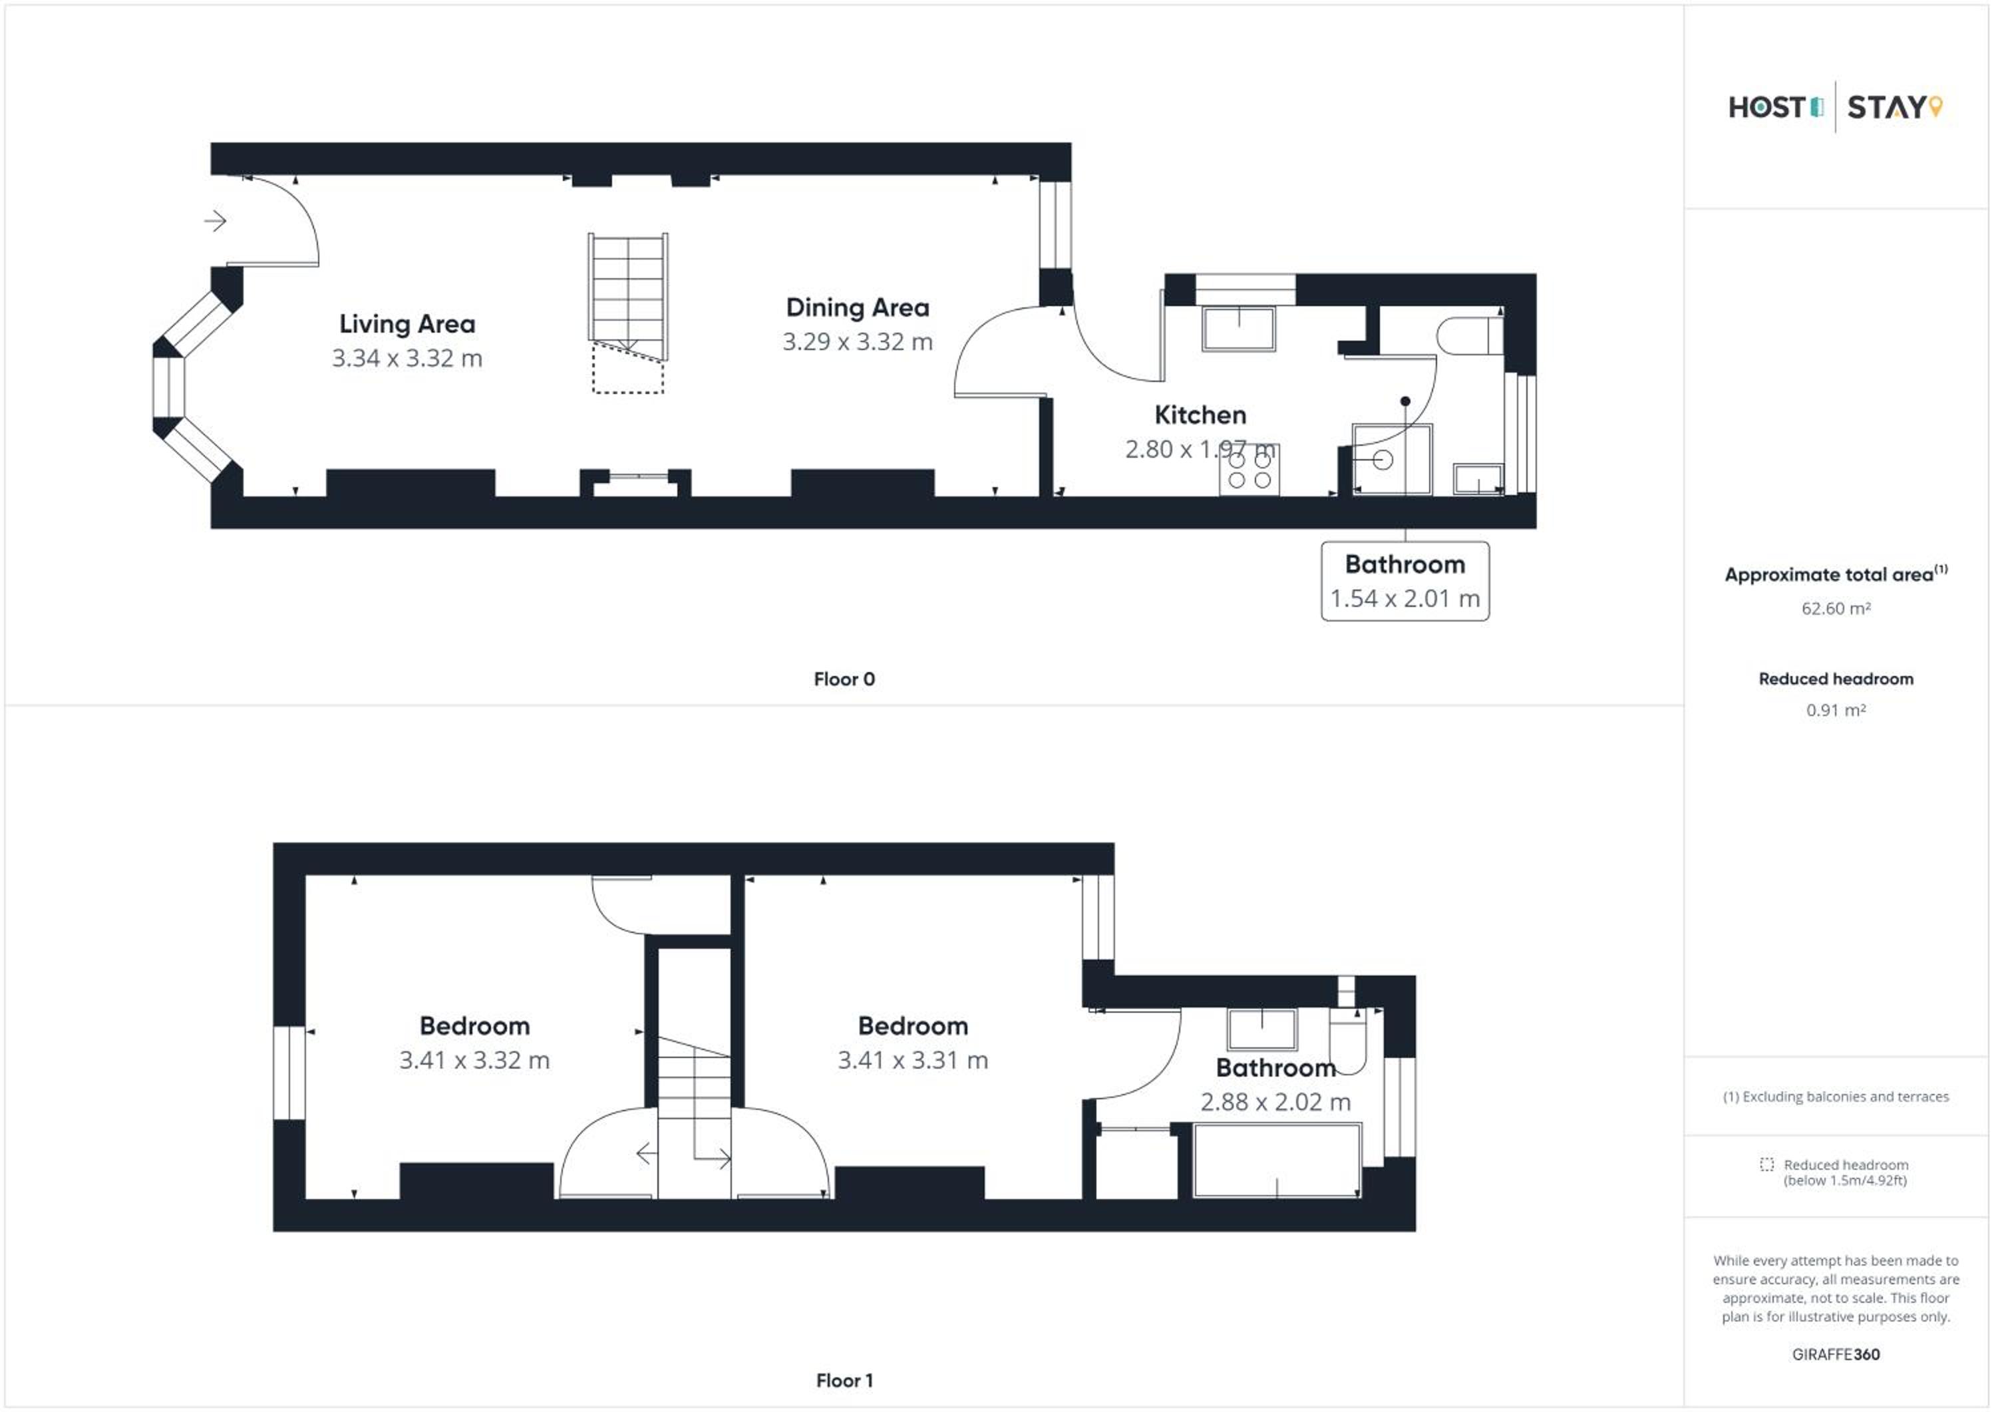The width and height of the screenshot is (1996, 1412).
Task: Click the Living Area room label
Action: pyautogui.click(x=407, y=324)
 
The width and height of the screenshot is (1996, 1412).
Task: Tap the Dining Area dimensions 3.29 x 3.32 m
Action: pyautogui.click(x=857, y=342)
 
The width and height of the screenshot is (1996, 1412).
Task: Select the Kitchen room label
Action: pyautogui.click(x=1200, y=415)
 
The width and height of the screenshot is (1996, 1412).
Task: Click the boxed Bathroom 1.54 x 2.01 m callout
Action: pyautogui.click(x=1405, y=581)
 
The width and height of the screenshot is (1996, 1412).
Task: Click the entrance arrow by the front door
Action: pyautogui.click(x=215, y=221)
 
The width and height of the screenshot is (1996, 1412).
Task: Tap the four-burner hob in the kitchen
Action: pyautogui.click(x=1249, y=470)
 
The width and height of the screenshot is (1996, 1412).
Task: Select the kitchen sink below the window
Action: pyautogui.click(x=1239, y=329)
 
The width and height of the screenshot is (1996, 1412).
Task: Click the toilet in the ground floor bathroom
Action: pyautogui.click(x=1470, y=335)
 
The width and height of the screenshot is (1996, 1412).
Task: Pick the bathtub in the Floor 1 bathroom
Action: pyautogui.click(x=1277, y=1160)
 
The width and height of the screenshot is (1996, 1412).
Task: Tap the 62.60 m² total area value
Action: pyautogui.click(x=1835, y=609)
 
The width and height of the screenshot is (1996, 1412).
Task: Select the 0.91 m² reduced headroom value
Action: pyautogui.click(x=1835, y=711)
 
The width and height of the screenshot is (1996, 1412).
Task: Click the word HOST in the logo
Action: pyautogui.click(x=1766, y=108)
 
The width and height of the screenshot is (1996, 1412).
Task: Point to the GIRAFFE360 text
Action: pyautogui.click(x=1835, y=1355)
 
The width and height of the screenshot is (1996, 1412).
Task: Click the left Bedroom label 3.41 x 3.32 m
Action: pyautogui.click(x=474, y=1043)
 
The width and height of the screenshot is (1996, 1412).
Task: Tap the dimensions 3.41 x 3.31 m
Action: pyautogui.click(x=913, y=1061)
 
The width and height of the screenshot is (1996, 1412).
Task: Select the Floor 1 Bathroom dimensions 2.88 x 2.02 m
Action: pyautogui.click(x=1275, y=1103)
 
